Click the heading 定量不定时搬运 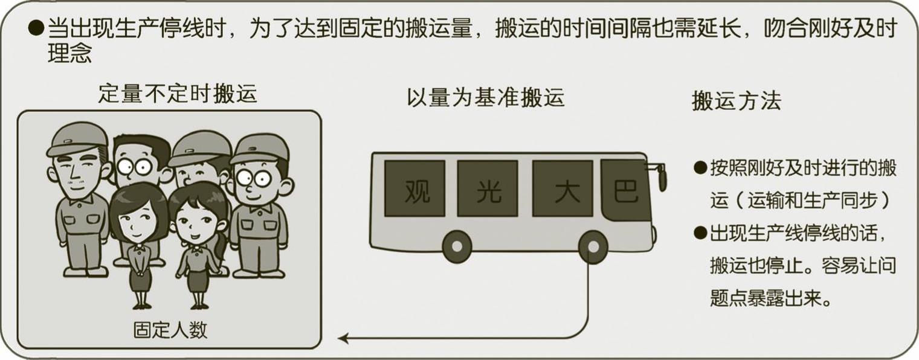click(x=178, y=94)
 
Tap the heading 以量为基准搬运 click(x=485, y=98)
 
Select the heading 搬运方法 click(x=737, y=101)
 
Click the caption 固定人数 click(x=170, y=330)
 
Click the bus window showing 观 click(x=414, y=188)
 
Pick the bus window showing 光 click(x=488, y=188)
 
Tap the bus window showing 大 click(x=563, y=188)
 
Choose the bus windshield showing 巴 click(x=626, y=190)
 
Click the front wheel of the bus click(x=593, y=247)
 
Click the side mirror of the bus click(x=660, y=176)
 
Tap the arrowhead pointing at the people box click(x=343, y=338)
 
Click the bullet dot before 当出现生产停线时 click(x=36, y=28)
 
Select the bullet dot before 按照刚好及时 click(x=700, y=167)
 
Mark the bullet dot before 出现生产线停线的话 click(x=700, y=233)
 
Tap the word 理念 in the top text click(x=69, y=53)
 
